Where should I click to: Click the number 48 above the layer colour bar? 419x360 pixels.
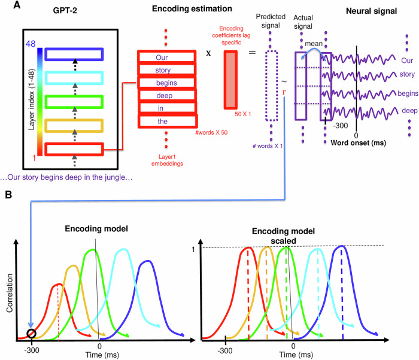(32, 44)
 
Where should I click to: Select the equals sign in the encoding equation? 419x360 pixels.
(252, 52)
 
